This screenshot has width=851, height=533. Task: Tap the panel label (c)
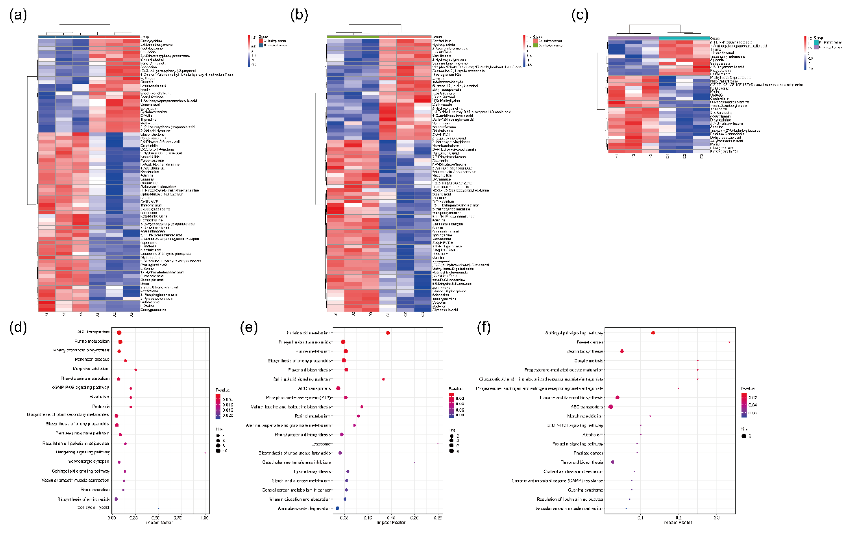coord(580,15)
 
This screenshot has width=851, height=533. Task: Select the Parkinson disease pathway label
coord(92,360)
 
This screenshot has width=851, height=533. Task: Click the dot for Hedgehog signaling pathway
coord(205,453)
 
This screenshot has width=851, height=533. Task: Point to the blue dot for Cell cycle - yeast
coord(159,508)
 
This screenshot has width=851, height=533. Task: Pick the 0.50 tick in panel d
coord(155,518)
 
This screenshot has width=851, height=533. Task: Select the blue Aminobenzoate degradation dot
coord(337,508)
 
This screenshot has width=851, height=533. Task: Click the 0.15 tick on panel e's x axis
coord(391,518)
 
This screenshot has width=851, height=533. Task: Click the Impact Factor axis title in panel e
coord(391,523)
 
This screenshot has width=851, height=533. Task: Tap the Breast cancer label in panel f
coord(590,342)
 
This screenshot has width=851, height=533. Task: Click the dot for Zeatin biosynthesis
coord(622,352)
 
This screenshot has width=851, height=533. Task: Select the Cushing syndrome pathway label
coord(585,490)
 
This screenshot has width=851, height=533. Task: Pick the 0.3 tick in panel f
coord(717,518)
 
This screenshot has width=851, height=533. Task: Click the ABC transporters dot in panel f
coord(610,407)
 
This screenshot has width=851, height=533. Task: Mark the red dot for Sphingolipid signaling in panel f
coord(653,333)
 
